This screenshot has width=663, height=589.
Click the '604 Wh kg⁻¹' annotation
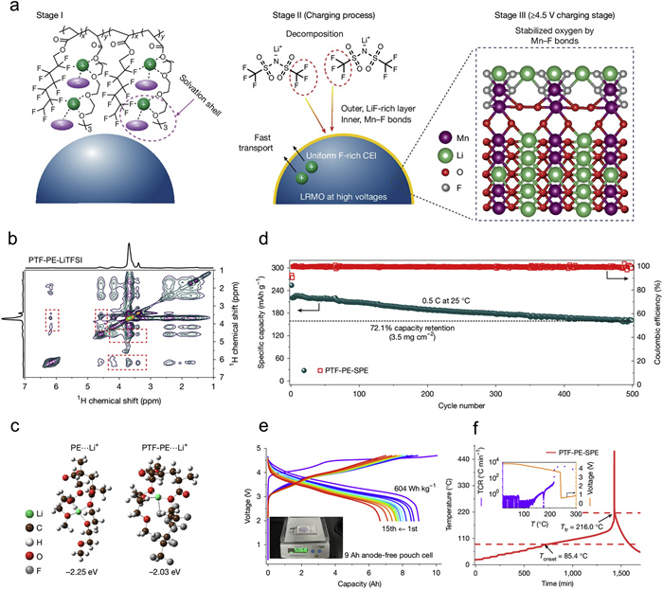point(418,490)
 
